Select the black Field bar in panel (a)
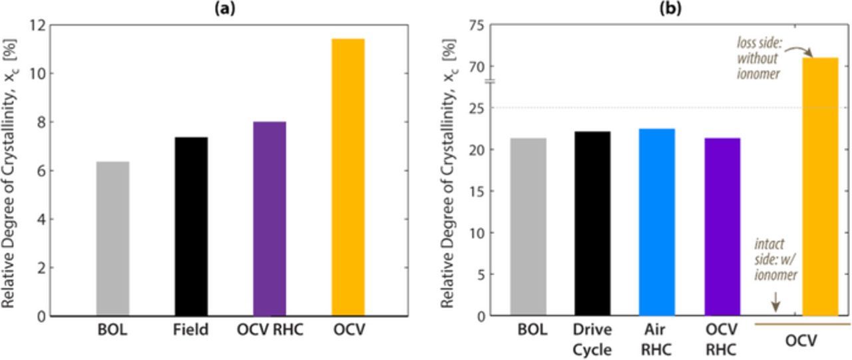pos(191,226)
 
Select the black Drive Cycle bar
pos(592,224)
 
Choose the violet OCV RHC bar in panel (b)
pos(722,227)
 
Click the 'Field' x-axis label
pos(191,329)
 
